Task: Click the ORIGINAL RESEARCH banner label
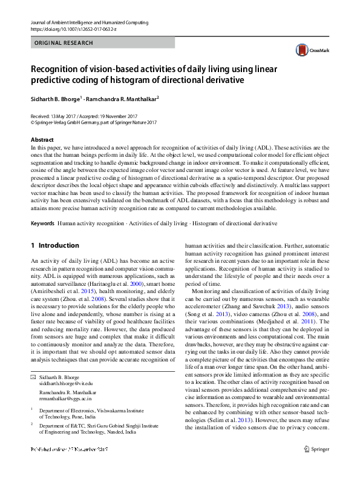coord(64,43)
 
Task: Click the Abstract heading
coord(42,140)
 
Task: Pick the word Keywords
coord(42,223)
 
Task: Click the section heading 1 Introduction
coord(54,245)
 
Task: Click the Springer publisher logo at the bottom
coord(316,466)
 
